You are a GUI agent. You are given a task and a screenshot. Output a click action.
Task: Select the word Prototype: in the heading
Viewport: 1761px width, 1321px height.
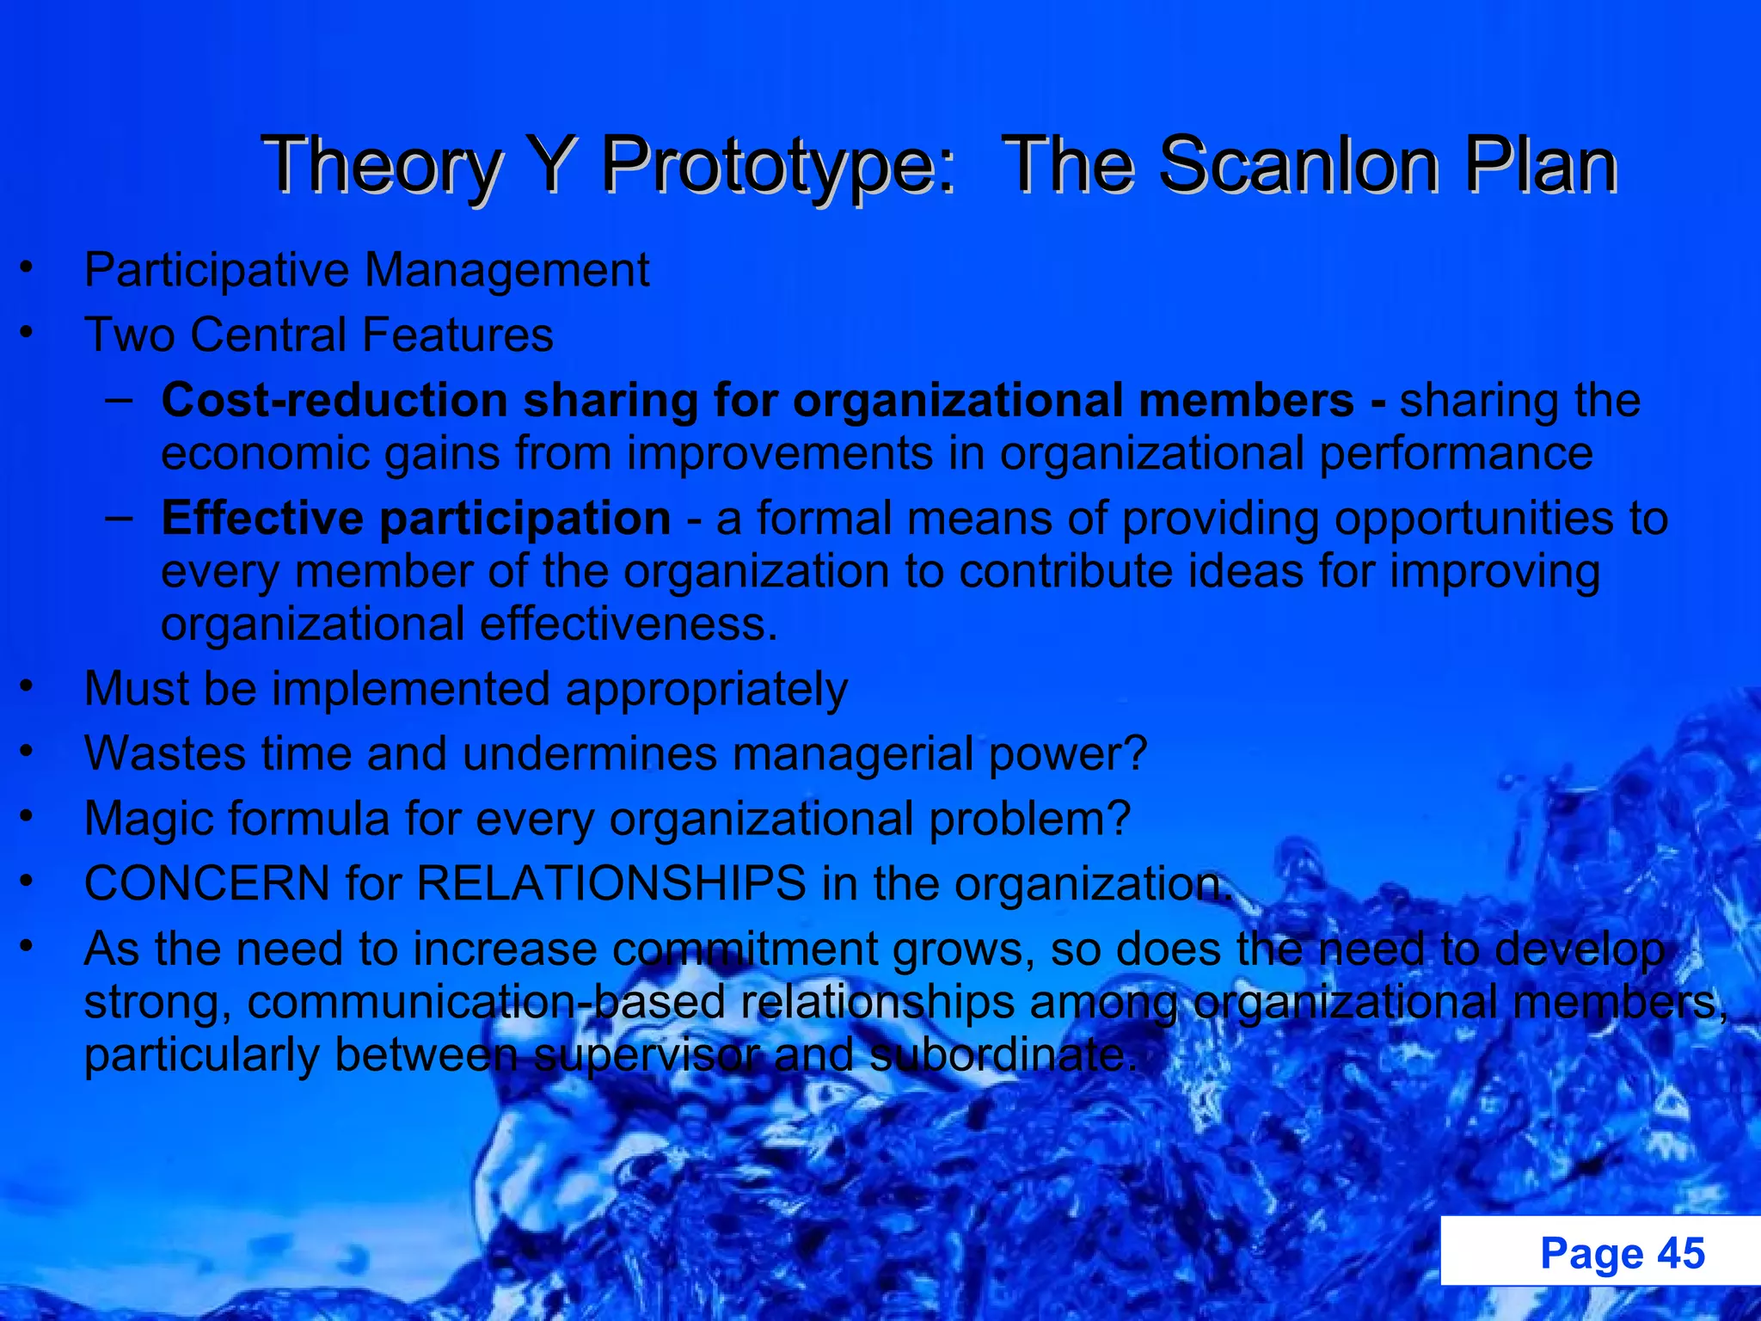(x=778, y=167)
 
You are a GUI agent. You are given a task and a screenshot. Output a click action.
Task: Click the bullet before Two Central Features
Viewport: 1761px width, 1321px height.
(x=28, y=333)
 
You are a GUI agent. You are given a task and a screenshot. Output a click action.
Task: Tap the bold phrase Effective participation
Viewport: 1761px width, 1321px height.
(x=416, y=519)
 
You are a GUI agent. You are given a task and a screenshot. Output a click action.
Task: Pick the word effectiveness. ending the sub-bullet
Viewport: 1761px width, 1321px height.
(x=629, y=624)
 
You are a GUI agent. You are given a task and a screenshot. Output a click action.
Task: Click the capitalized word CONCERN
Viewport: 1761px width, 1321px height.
(x=207, y=883)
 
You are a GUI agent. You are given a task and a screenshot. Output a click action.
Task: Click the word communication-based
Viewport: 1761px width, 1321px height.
(x=487, y=1003)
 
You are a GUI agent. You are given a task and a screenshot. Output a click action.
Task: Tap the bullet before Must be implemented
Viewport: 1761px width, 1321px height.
(x=28, y=687)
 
